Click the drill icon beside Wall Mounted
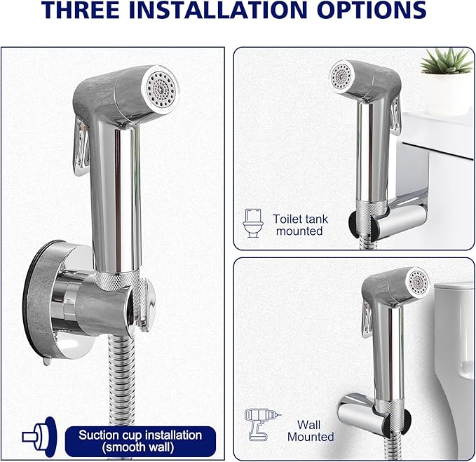[x=258, y=424]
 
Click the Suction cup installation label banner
[x=140, y=440]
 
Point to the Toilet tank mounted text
[x=300, y=224]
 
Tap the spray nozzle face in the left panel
[x=161, y=90]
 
